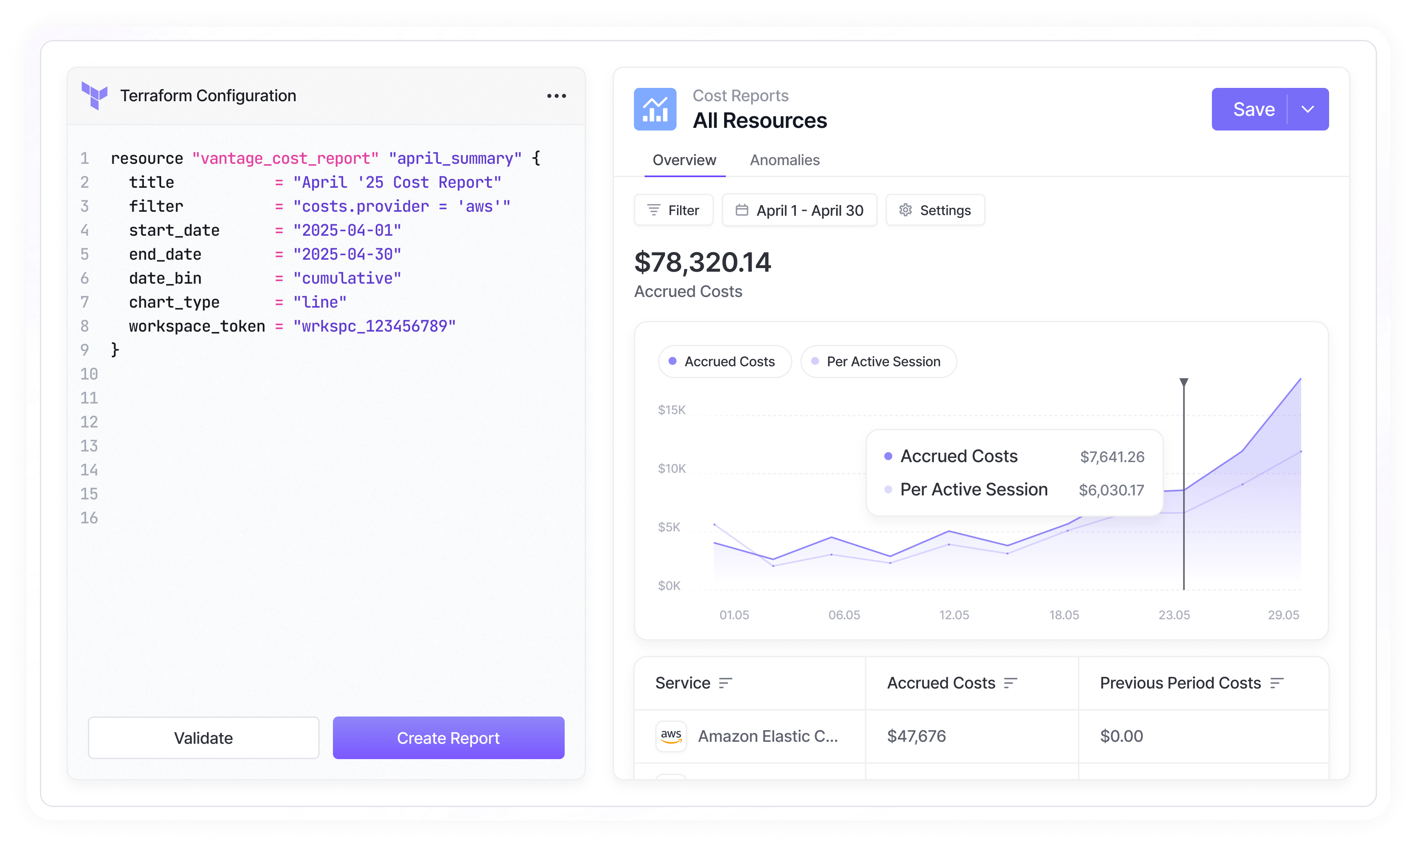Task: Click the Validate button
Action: click(203, 738)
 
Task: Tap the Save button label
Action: click(1253, 109)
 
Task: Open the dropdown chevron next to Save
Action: click(1308, 109)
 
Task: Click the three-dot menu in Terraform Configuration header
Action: click(556, 96)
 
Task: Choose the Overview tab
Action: click(684, 160)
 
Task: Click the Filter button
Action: click(674, 210)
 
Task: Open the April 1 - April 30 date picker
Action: click(800, 210)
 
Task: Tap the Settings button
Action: click(935, 210)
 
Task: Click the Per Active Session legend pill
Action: click(878, 362)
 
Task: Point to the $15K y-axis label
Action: click(672, 410)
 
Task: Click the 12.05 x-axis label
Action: click(954, 615)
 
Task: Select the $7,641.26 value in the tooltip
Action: click(1112, 457)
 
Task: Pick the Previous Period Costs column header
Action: click(1180, 683)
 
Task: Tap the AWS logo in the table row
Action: click(671, 736)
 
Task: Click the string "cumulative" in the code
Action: click(347, 278)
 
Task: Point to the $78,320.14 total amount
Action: click(703, 262)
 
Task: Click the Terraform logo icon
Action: click(95, 95)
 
